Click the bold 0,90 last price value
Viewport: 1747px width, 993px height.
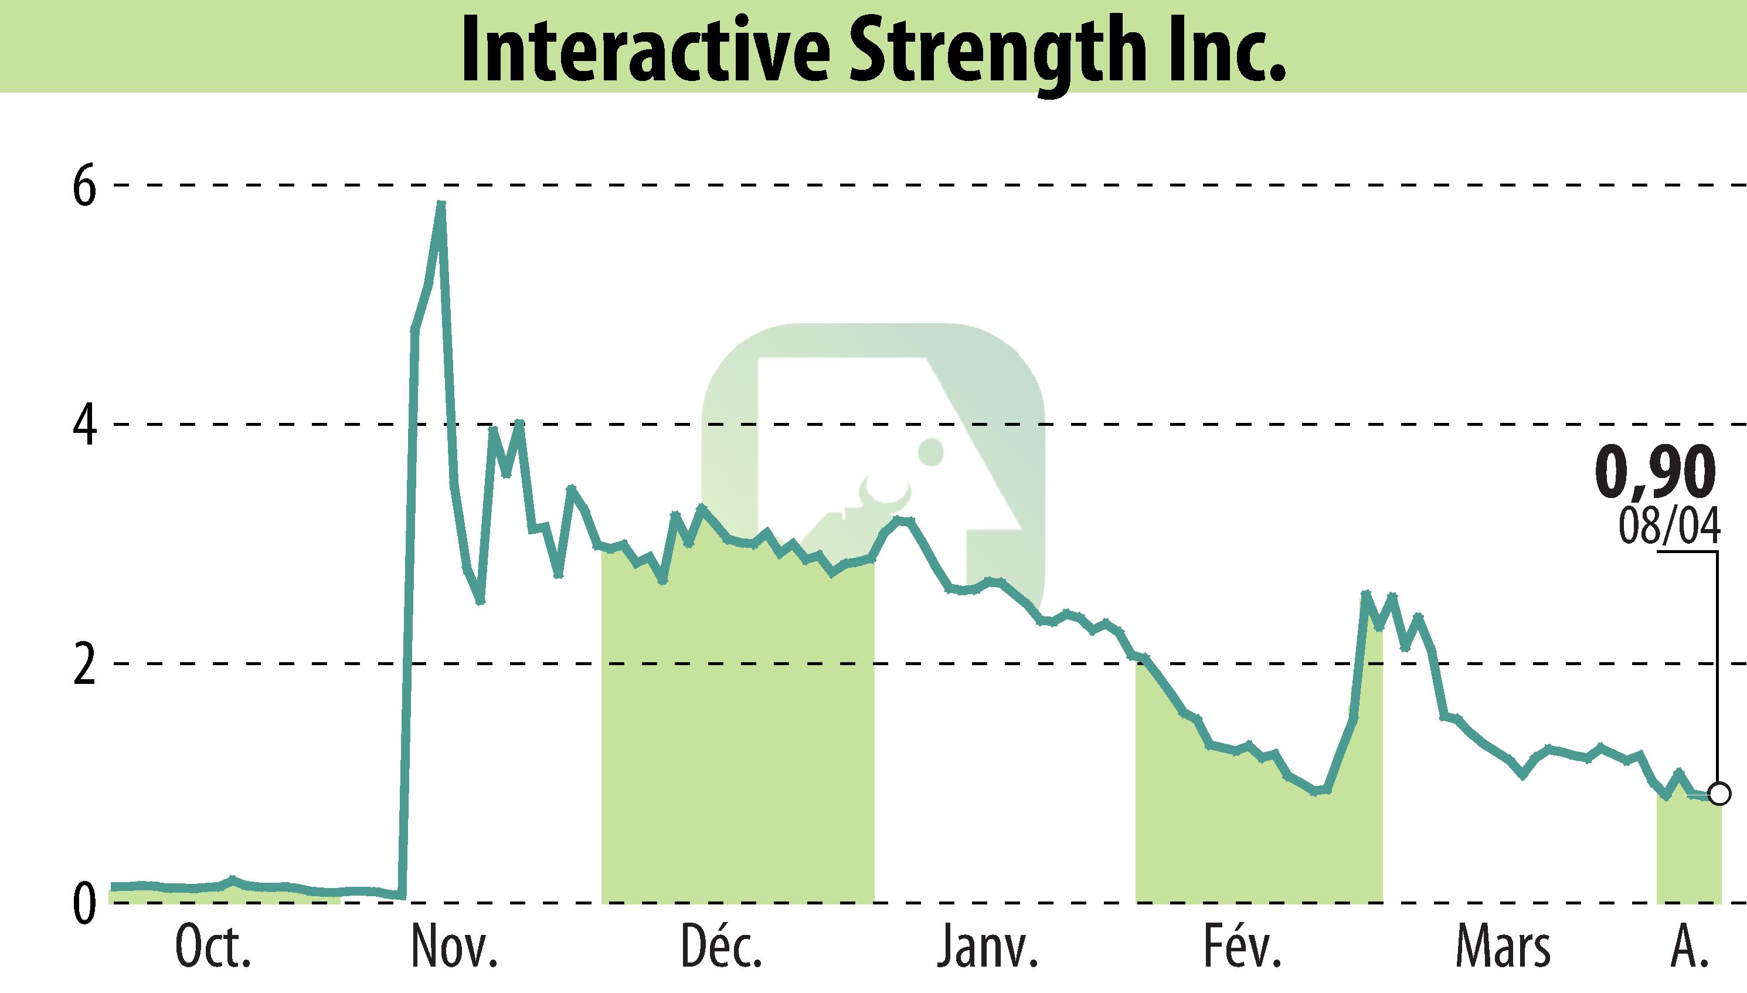[x=1655, y=473]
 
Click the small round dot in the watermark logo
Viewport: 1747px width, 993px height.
[x=930, y=452]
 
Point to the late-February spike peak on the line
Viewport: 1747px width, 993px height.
[x=1365, y=595]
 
